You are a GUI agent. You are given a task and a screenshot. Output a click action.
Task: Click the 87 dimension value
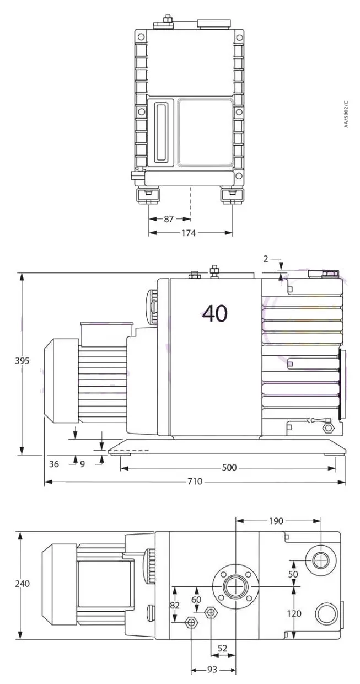click(169, 219)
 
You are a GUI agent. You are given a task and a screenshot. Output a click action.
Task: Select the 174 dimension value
click(189, 233)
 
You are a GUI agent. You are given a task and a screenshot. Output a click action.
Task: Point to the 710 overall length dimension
click(195, 482)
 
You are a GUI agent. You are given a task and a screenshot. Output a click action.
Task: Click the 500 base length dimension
click(229, 468)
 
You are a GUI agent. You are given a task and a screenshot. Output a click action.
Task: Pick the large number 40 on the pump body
click(215, 313)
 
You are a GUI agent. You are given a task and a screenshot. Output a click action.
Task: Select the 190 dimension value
click(276, 521)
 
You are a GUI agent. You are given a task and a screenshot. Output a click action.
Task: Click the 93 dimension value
click(212, 670)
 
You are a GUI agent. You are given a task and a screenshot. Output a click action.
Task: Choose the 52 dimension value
click(223, 649)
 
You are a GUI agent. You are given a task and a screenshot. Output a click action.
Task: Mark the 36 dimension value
click(53, 464)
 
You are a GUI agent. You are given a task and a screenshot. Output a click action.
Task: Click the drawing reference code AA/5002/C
click(346, 115)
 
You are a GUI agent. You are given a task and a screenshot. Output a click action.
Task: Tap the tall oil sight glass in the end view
click(161, 132)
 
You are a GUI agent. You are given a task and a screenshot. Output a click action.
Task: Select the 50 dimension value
click(293, 574)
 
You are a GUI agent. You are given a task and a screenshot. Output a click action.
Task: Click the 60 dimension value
click(196, 600)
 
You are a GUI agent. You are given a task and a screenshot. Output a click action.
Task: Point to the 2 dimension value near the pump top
click(265, 258)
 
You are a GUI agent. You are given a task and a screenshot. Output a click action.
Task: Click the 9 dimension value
click(82, 464)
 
